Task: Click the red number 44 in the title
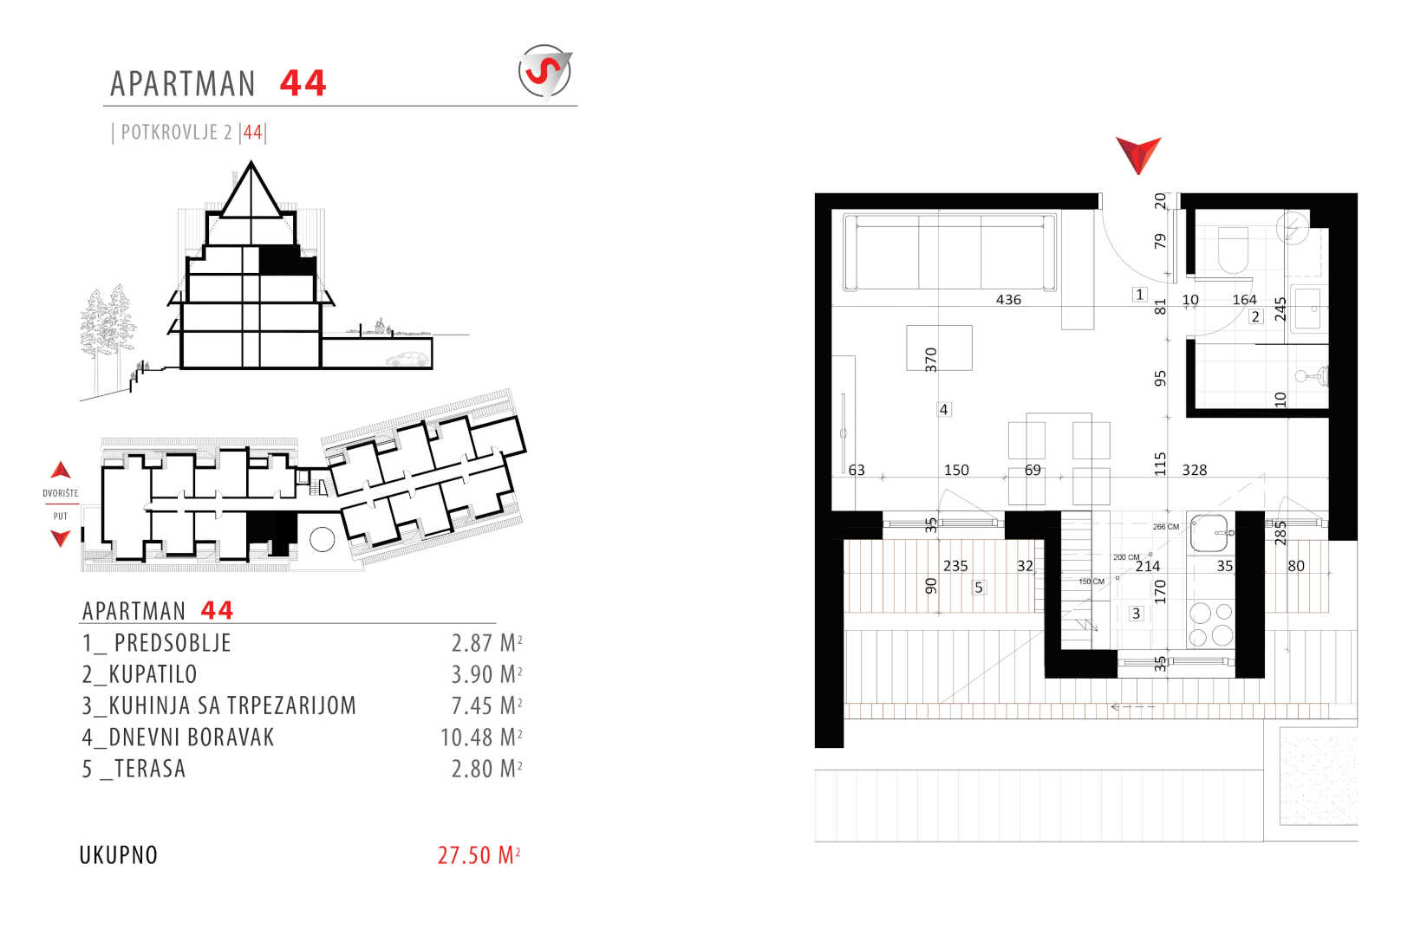click(303, 83)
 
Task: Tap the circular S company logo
click(544, 71)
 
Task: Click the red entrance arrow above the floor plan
click(1138, 155)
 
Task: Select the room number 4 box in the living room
click(944, 409)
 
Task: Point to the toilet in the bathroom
click(1234, 250)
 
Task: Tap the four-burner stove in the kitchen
click(1211, 625)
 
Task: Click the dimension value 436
click(1008, 299)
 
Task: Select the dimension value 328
click(1195, 470)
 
